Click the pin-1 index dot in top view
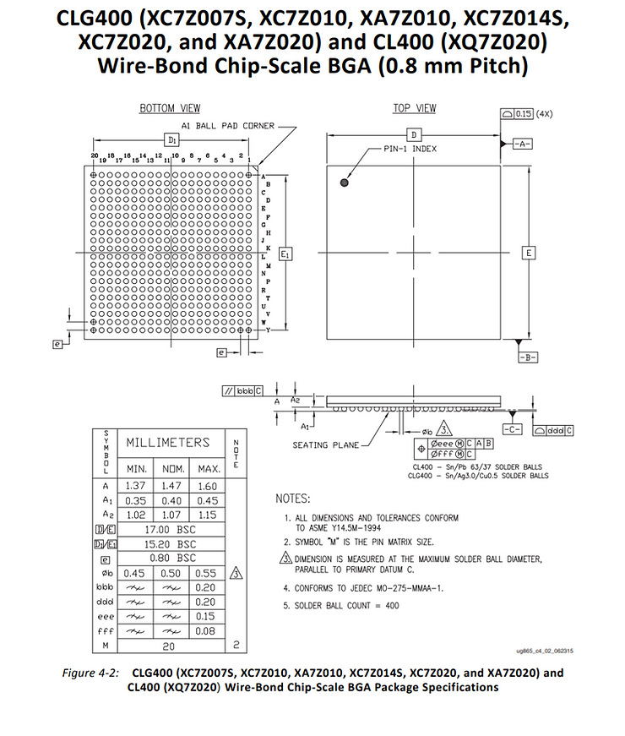[345, 183]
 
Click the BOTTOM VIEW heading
[170, 108]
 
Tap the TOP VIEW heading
[415, 107]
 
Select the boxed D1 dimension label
[171, 139]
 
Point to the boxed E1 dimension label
[285, 254]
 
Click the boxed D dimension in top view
[414, 135]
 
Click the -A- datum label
[522, 144]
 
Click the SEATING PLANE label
[325, 445]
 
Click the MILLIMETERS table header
[167, 443]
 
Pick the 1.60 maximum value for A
[207, 486]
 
